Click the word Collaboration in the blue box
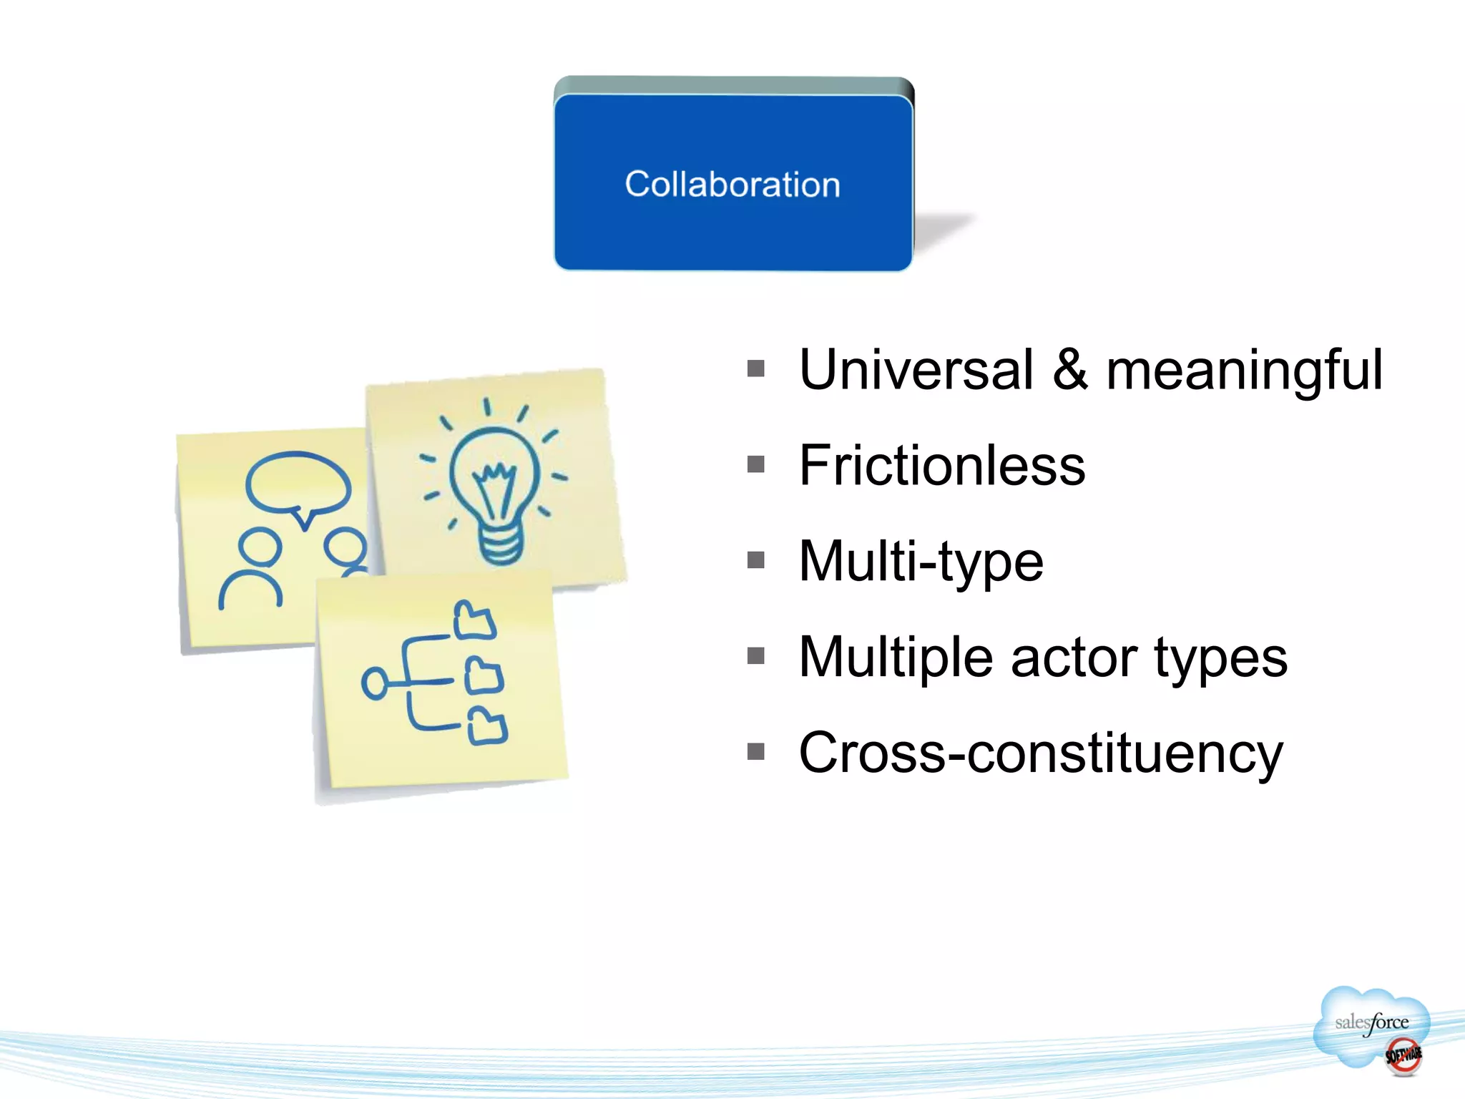tap(732, 185)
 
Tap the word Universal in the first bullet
tap(916, 370)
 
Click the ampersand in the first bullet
tap(1070, 370)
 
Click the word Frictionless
tap(942, 466)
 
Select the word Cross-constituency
tap(1041, 753)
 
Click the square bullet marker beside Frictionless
tap(756, 465)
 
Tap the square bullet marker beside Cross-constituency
tap(756, 752)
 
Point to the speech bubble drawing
tap(298, 484)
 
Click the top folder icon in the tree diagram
tap(474, 620)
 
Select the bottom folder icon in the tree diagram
tap(488, 726)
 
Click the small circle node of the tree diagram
tap(375, 683)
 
